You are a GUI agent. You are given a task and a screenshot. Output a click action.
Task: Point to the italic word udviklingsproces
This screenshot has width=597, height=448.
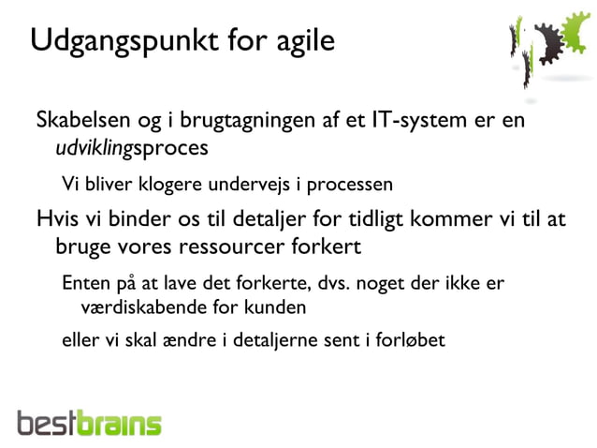[x=131, y=148]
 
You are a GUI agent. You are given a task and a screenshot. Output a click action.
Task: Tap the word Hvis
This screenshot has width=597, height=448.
[x=55, y=220]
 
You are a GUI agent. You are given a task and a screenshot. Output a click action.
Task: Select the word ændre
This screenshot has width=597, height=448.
[x=188, y=339]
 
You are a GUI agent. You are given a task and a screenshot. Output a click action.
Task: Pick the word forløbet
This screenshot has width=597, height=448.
[x=412, y=339]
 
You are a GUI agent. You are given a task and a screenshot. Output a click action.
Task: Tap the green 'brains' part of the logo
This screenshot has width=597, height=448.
[x=121, y=424]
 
